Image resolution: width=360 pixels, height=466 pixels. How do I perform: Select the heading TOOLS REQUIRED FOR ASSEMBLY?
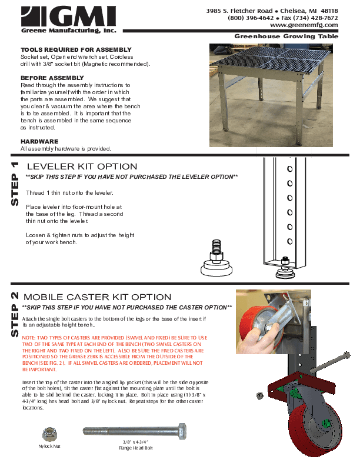pyautogui.click(x=76, y=49)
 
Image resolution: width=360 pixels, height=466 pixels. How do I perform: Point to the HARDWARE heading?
pyautogui.click(x=39, y=141)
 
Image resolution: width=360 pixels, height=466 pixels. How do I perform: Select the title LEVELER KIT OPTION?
pyautogui.click(x=82, y=167)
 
